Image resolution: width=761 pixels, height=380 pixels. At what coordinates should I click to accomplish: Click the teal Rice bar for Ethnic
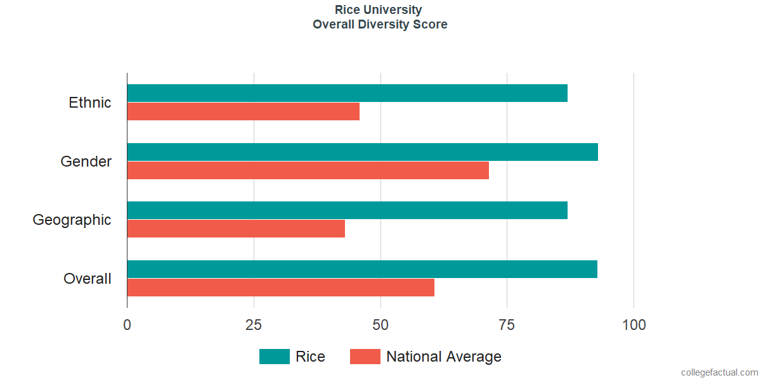348,93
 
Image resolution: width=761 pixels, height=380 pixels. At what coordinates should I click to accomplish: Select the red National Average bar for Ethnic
244,111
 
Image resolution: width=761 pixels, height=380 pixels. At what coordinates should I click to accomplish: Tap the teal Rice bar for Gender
363,152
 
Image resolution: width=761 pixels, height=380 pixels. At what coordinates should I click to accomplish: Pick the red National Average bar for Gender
308,170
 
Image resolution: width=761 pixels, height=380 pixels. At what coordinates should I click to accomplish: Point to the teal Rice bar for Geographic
348,210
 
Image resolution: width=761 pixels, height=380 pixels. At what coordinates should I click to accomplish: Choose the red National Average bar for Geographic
236,229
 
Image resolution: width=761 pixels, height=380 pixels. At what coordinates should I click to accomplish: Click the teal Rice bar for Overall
362,269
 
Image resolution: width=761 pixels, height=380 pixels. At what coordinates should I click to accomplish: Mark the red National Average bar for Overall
280,288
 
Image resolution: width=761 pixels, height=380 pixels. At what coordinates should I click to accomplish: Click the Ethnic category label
89,103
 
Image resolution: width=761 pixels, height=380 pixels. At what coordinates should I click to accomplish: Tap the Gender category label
86,161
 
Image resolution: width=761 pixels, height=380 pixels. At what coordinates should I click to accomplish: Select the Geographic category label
72,220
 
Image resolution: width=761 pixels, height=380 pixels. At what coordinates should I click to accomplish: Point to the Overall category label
88,279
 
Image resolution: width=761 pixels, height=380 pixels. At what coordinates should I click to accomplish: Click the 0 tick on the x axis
127,325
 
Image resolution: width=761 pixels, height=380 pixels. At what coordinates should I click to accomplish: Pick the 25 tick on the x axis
254,325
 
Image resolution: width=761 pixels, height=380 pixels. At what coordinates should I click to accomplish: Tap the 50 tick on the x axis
380,325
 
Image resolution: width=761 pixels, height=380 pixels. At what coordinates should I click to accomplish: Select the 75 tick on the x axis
507,325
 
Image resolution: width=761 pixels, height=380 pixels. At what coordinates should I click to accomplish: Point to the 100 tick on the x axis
634,325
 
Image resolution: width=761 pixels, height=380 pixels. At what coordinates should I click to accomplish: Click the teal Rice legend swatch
275,357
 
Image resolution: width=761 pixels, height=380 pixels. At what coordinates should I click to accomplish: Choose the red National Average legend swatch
365,357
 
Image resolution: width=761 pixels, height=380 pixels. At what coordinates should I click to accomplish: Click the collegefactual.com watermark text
720,372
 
